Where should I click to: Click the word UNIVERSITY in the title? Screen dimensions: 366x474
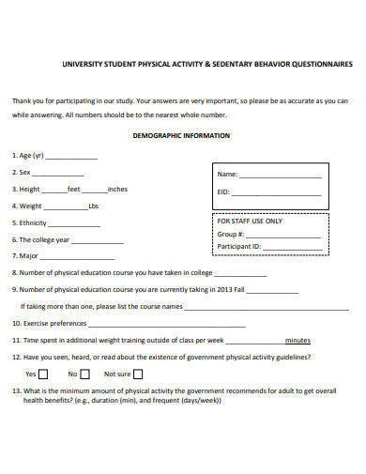[x=83, y=65]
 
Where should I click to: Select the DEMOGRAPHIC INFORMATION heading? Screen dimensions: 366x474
[x=183, y=135]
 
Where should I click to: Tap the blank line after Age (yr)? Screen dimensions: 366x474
[x=71, y=158]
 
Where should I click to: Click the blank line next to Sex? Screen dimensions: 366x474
[x=59, y=175]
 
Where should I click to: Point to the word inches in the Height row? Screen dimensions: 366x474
[x=117, y=190]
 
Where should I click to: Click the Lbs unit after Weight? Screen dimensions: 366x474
[x=93, y=206]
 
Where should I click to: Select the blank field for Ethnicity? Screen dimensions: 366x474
[x=74, y=224]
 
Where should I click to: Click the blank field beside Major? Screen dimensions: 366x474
[x=78, y=257]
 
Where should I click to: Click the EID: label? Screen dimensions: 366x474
[x=223, y=191]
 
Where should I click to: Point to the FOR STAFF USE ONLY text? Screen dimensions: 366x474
[x=249, y=221]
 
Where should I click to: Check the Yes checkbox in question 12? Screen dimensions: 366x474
[x=43, y=374]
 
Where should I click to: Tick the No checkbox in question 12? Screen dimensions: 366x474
[x=84, y=374]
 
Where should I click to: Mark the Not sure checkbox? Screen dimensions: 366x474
[x=137, y=374]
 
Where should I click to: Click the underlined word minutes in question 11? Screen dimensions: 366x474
[x=298, y=340]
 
